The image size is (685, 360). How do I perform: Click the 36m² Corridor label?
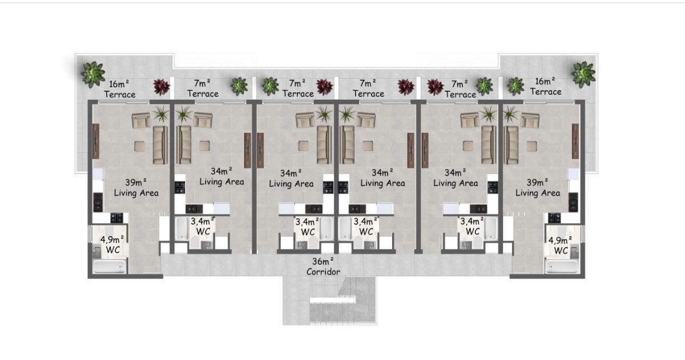tap(323, 266)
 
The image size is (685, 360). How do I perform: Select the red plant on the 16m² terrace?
tap(161, 87)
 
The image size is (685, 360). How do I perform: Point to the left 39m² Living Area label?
tap(136, 188)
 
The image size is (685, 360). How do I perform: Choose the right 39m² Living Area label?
tap(538, 188)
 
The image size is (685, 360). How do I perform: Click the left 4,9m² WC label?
tap(112, 245)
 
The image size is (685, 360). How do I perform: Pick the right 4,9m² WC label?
tap(560, 245)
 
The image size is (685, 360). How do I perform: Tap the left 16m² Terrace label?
tap(119, 89)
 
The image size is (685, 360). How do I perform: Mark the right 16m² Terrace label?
tap(546, 87)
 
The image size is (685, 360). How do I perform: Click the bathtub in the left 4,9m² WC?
tap(110, 266)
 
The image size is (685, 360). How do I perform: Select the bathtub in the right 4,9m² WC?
tap(562, 266)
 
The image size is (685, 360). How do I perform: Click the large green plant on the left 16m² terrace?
tap(93, 75)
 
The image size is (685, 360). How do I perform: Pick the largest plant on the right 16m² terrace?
tap(584, 75)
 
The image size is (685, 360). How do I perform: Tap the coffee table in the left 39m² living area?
tap(139, 146)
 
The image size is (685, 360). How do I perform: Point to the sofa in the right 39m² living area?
tap(511, 145)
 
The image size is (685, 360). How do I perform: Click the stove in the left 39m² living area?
tap(117, 218)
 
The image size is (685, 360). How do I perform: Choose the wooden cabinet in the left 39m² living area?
tap(96, 141)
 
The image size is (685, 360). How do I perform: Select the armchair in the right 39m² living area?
tap(530, 120)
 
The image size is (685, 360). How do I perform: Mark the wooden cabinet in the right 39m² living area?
tap(575, 141)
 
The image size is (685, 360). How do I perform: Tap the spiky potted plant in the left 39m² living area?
tap(161, 114)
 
